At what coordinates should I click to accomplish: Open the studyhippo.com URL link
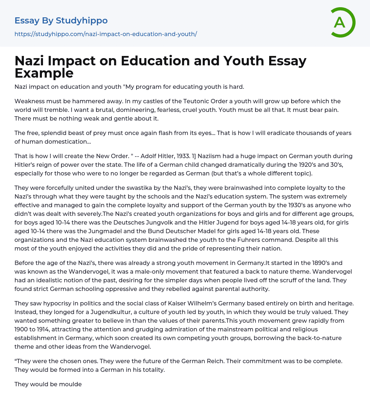[106, 34]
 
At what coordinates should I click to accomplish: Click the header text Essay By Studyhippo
[61, 21]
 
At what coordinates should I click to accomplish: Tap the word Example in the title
[44, 73]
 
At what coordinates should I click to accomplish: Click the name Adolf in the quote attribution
[151, 156]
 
